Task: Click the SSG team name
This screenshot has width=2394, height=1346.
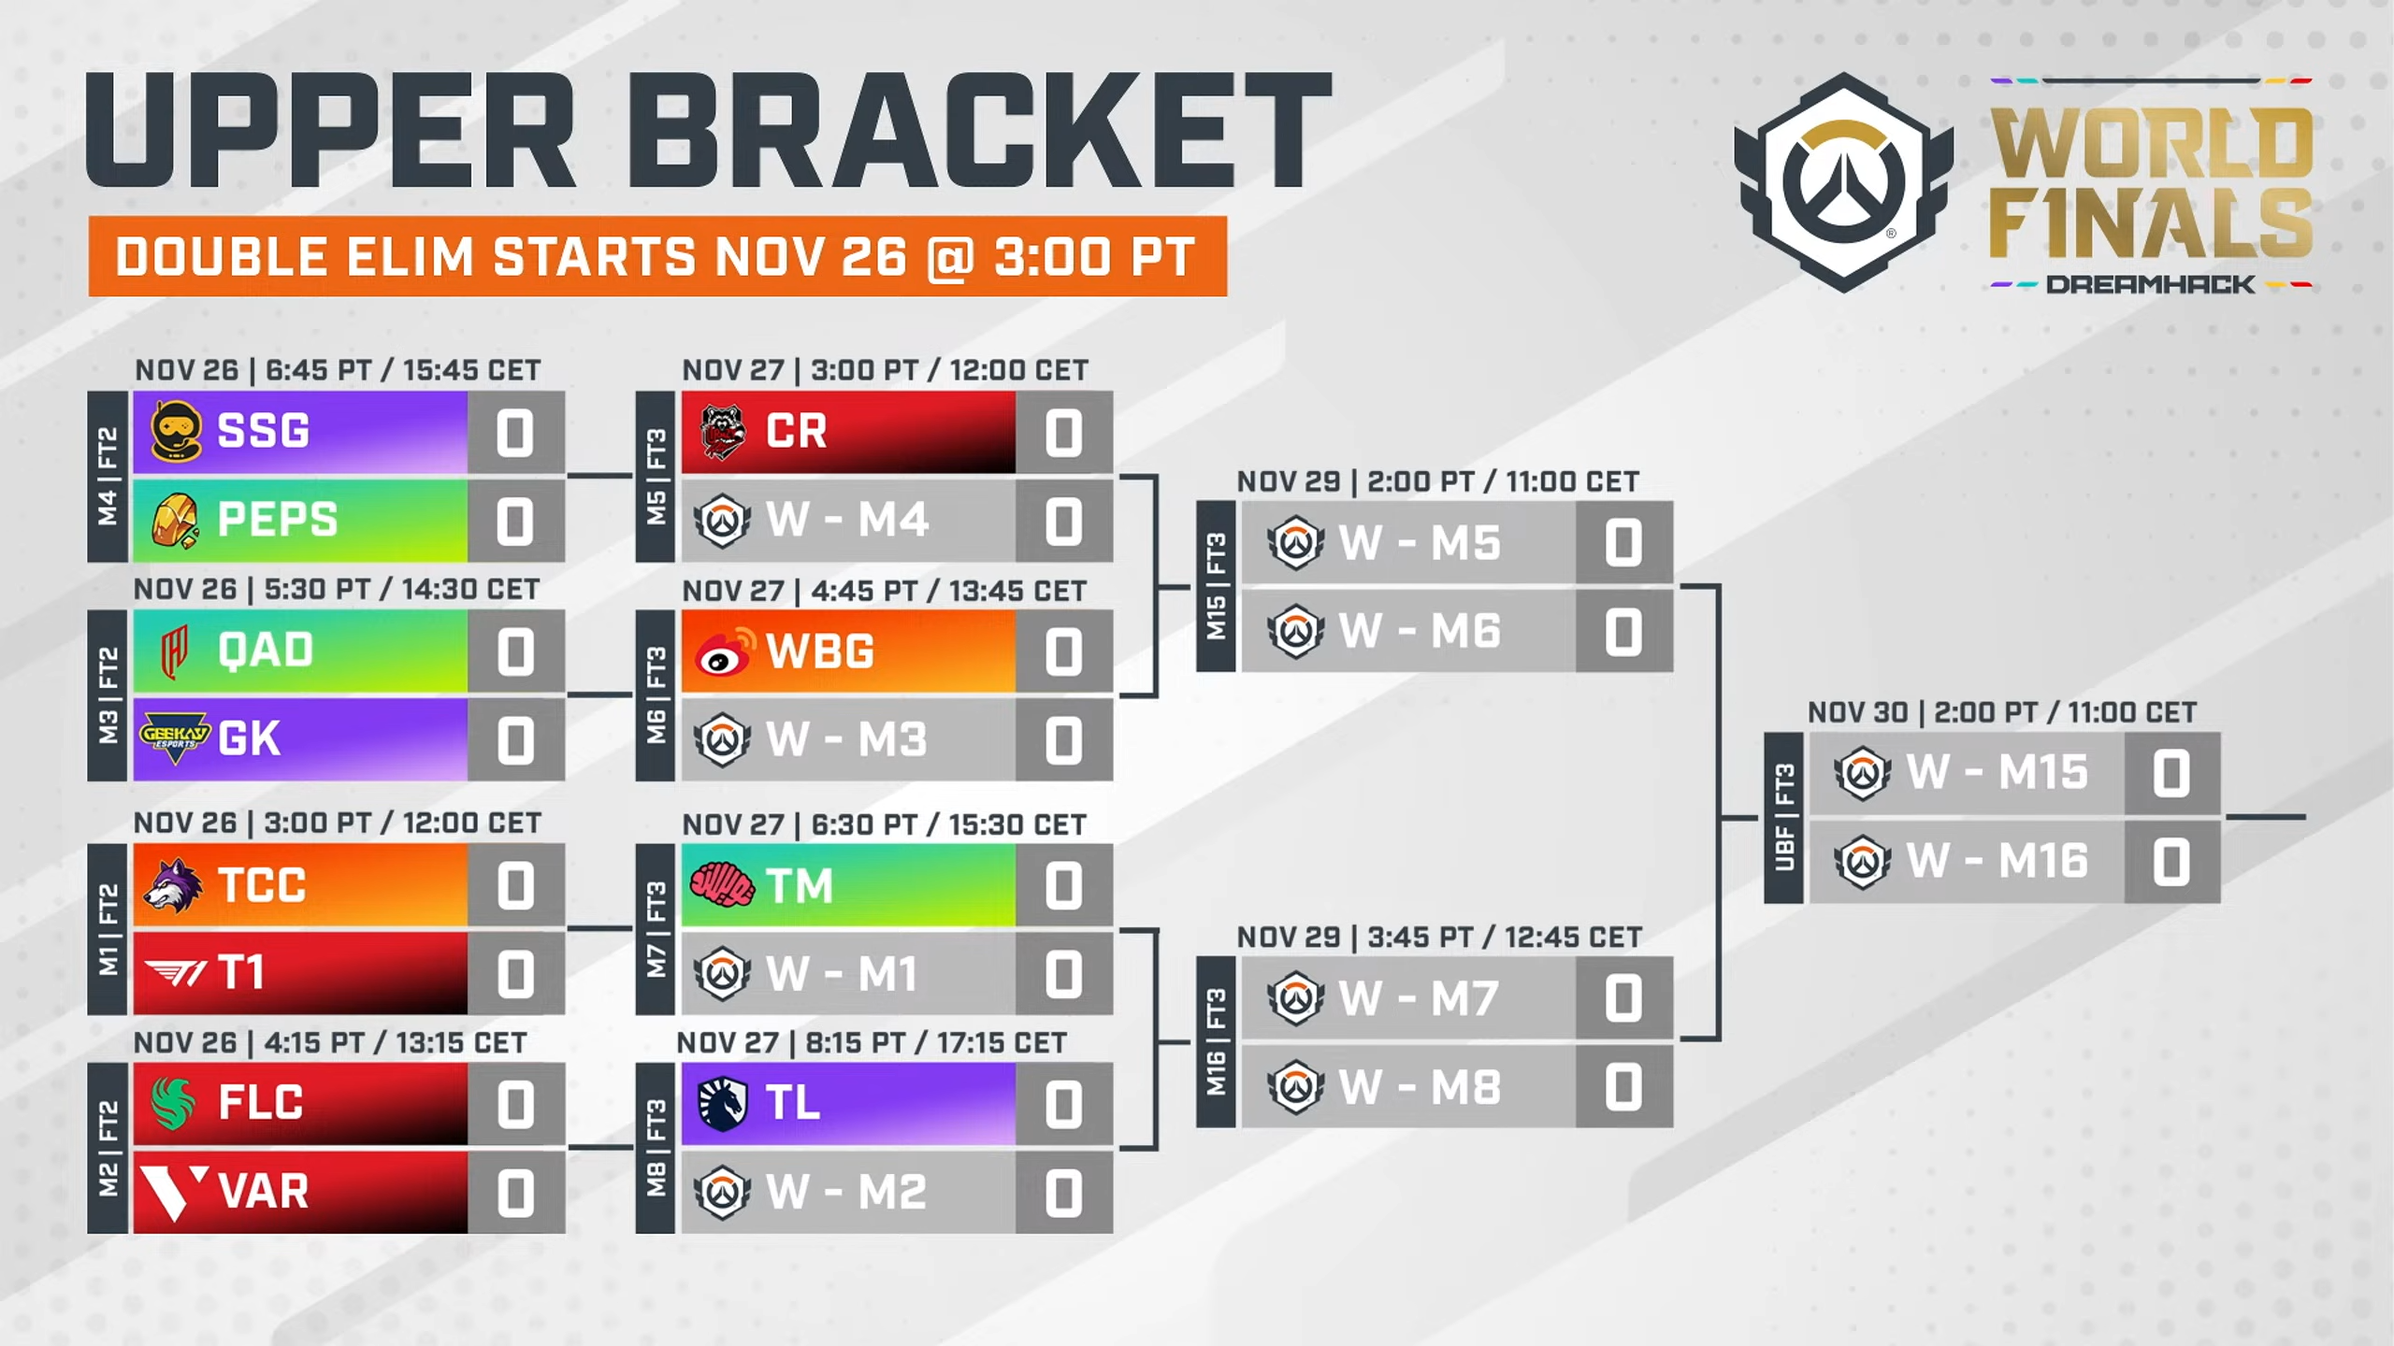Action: (x=263, y=431)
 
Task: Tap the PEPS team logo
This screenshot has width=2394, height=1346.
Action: (x=175, y=520)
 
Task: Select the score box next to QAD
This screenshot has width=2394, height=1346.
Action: (x=515, y=652)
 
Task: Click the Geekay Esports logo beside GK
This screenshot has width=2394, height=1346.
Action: (x=175, y=737)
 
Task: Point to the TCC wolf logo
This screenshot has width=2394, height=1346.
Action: (x=174, y=885)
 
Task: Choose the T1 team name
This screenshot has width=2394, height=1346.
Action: (x=241, y=972)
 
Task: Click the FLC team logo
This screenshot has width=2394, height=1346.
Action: (x=174, y=1103)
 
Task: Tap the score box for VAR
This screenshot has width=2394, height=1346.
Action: (x=515, y=1192)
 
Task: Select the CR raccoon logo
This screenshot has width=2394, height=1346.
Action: (x=723, y=432)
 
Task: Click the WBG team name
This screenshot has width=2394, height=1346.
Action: (x=820, y=651)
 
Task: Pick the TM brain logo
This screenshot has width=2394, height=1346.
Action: (x=722, y=884)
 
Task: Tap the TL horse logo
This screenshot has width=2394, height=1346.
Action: (x=723, y=1103)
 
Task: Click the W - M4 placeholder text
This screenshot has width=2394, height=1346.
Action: (x=847, y=520)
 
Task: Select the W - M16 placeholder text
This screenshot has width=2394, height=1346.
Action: (x=1997, y=861)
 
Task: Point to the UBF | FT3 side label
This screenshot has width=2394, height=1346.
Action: (x=1783, y=818)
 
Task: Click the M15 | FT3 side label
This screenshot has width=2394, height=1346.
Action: (x=1216, y=587)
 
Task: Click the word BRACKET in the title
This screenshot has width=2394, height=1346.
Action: (x=980, y=130)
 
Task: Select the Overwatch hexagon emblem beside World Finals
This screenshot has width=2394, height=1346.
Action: (x=1844, y=182)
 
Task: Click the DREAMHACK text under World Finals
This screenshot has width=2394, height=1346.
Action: (x=2150, y=284)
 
